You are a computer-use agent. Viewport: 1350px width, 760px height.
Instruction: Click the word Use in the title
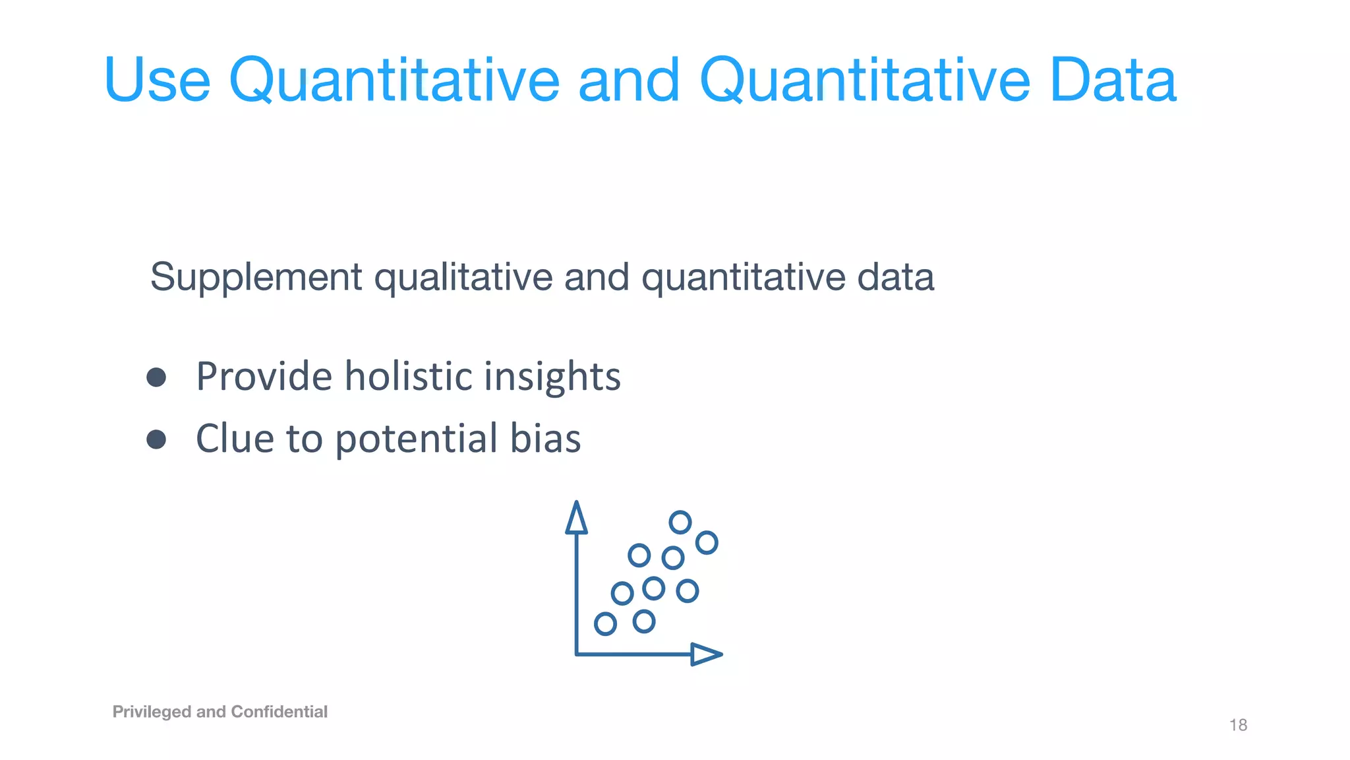point(157,80)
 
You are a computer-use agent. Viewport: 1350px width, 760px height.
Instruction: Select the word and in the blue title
point(628,80)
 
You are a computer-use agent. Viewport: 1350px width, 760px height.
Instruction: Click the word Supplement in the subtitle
point(256,277)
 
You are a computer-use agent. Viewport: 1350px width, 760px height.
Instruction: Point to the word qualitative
point(463,277)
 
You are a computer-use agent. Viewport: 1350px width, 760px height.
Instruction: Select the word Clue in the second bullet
point(235,438)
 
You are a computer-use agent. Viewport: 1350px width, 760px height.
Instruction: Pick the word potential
point(417,439)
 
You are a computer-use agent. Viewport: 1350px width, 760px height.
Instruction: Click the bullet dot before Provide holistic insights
point(156,377)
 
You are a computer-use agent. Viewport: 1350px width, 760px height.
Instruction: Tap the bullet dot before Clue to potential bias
point(156,439)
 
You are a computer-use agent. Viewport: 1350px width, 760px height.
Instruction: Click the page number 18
point(1238,725)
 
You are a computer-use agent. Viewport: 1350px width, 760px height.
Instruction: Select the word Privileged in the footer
point(152,712)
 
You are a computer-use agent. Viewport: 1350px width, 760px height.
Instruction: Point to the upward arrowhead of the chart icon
point(577,518)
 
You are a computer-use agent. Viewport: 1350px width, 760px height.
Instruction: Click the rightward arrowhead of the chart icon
point(706,654)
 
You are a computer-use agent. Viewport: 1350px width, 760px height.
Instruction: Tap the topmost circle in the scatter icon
point(680,522)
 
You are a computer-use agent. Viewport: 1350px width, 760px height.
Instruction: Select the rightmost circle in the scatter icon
point(707,543)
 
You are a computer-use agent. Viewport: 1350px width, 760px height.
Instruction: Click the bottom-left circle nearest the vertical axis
point(605,623)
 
